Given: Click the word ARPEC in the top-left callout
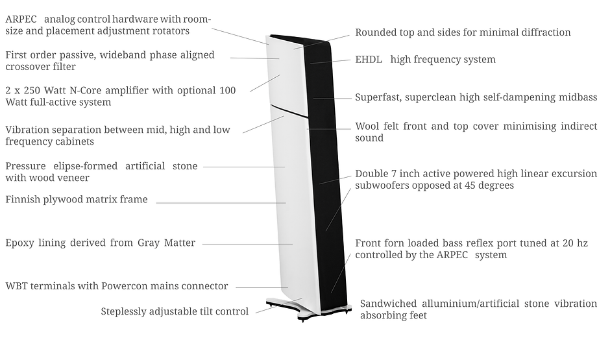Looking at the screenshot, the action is pos(21,19).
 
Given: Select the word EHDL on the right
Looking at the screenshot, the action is pos(369,60).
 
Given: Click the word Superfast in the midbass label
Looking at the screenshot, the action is pos(378,97).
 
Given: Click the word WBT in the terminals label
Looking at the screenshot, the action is pos(16,286).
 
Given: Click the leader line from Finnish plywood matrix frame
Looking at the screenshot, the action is pos(221,203).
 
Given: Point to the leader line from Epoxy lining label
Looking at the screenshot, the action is pos(247,244).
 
